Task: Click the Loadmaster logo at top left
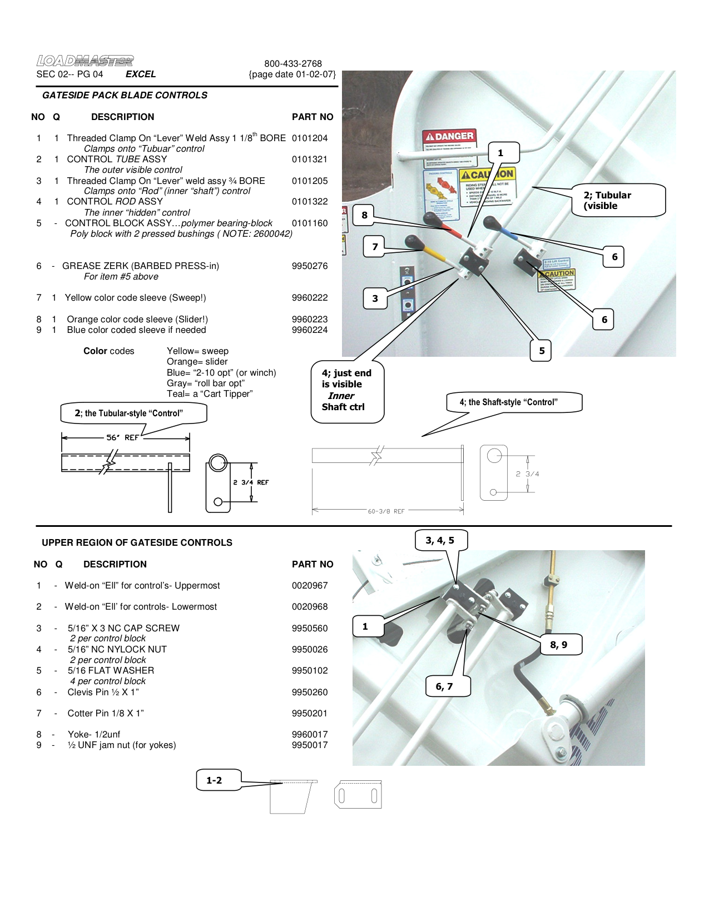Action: (x=85, y=61)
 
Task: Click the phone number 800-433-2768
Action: (x=292, y=63)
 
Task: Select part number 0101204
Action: (x=310, y=138)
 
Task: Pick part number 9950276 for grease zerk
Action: (x=310, y=266)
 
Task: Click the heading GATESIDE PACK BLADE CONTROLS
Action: (x=125, y=95)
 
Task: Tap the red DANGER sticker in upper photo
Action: (x=449, y=136)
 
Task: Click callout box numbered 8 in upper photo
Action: (x=364, y=215)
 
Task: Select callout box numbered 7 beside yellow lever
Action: (x=375, y=247)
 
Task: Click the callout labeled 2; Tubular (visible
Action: (x=617, y=200)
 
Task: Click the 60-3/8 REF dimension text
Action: (x=386, y=511)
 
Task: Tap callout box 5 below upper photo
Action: (x=541, y=351)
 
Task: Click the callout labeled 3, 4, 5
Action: (x=440, y=540)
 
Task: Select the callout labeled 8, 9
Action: (x=558, y=645)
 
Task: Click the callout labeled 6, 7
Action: (x=444, y=686)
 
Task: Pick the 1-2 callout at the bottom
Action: (x=214, y=780)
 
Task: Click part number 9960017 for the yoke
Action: (x=310, y=734)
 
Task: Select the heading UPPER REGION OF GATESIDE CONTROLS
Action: (x=137, y=542)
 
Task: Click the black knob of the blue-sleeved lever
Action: (x=490, y=223)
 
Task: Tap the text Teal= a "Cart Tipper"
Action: (x=210, y=393)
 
